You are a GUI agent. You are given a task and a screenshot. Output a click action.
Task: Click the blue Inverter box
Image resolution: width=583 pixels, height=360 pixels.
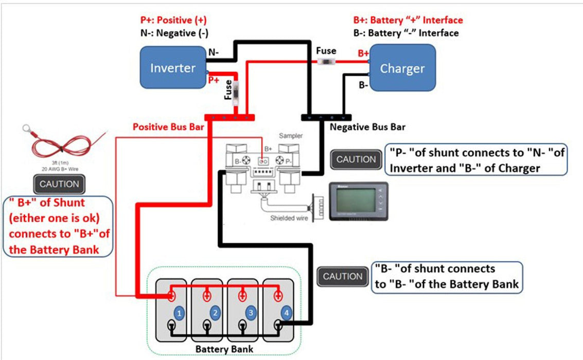pos(172,67)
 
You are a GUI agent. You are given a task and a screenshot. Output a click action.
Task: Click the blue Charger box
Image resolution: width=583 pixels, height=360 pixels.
pos(402,68)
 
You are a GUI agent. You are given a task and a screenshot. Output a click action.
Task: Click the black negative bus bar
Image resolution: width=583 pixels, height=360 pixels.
pos(326,118)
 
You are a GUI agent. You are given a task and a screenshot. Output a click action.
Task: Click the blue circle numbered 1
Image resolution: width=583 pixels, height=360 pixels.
pos(178,313)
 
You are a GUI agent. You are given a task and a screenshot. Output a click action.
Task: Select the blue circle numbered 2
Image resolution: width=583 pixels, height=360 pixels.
pos(215,313)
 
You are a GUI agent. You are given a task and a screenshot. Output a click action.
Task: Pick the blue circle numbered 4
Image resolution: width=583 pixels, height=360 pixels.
pos(286,313)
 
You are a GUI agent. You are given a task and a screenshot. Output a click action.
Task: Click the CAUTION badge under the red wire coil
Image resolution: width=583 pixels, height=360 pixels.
pos(59,184)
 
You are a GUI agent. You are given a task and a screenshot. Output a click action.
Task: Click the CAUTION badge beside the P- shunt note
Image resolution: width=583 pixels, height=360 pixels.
pos(356,159)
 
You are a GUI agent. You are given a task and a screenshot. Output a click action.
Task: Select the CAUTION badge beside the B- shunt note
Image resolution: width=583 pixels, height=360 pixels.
pos(343,276)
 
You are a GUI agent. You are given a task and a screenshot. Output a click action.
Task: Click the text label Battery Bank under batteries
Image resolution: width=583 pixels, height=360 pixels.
pos(224,349)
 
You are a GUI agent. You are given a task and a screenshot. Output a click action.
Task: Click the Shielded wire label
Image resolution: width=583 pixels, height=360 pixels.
pos(289,218)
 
